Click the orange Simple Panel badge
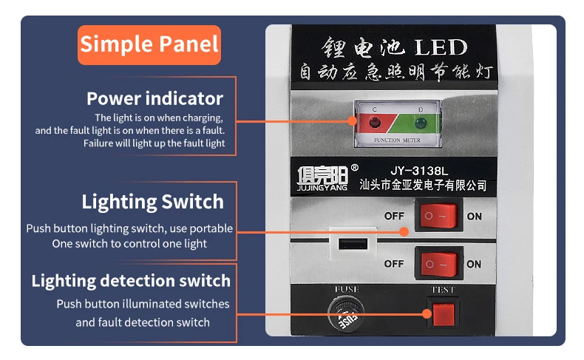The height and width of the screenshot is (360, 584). tap(149, 44)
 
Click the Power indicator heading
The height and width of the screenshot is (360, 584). tap(155, 98)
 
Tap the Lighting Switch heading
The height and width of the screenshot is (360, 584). tap(152, 202)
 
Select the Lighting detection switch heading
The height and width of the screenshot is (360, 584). tap(131, 281)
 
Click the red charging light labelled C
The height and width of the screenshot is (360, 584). tap(373, 121)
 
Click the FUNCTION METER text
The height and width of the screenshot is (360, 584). tap(398, 140)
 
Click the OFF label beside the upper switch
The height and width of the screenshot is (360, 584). tap(394, 216)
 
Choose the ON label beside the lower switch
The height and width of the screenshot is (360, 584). tap(474, 264)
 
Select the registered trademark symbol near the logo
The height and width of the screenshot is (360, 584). tap(354, 167)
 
